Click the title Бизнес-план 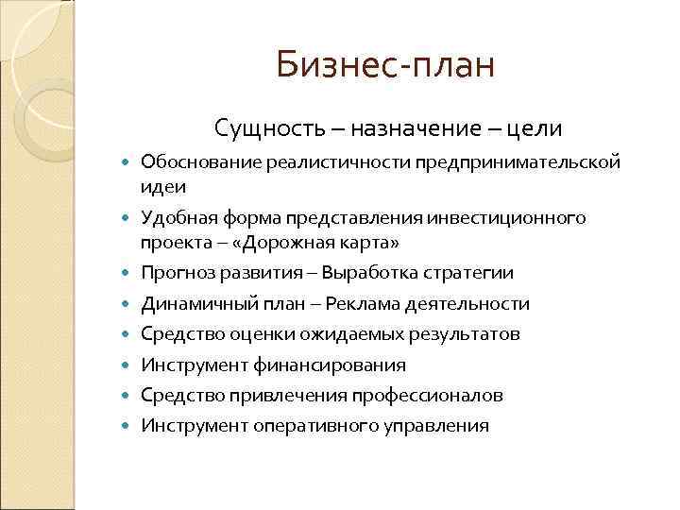[x=385, y=66]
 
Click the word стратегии [x=467, y=273]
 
